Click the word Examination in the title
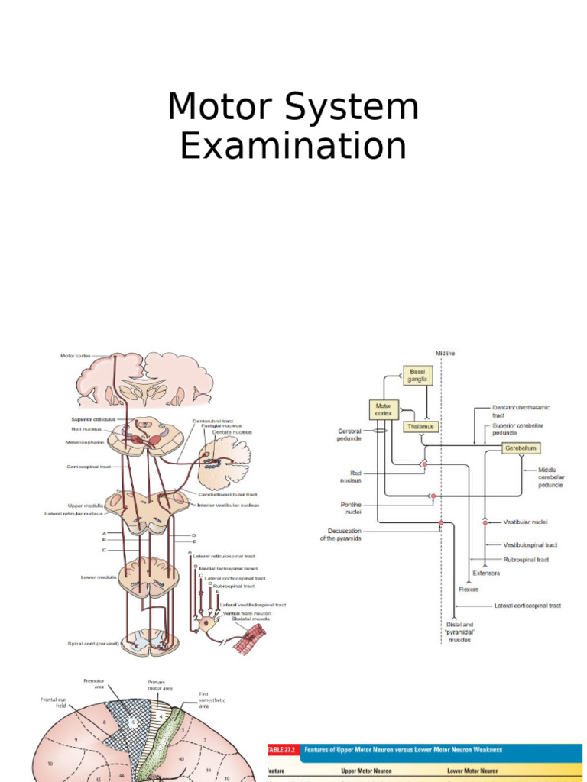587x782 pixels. (x=293, y=145)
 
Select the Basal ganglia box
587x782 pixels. (x=417, y=374)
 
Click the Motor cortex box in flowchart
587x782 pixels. (x=384, y=409)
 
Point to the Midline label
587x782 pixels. (x=445, y=354)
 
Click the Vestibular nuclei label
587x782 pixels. (x=524, y=522)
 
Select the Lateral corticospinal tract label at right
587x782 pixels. (x=527, y=606)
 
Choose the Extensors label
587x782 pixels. (x=486, y=573)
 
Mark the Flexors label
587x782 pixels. (x=469, y=589)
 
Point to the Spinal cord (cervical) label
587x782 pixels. (x=92, y=643)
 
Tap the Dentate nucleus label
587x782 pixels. (x=232, y=432)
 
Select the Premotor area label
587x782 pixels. (x=93, y=683)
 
